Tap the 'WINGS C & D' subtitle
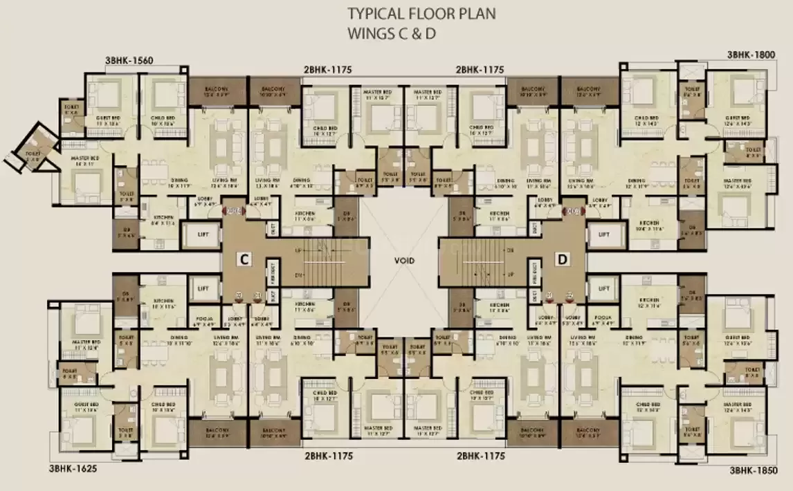click(x=392, y=32)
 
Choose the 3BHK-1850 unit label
click(x=756, y=470)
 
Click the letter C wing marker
click(x=243, y=259)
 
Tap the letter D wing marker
click(x=563, y=259)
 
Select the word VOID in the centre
click(x=403, y=261)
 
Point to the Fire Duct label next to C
click(x=274, y=269)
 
